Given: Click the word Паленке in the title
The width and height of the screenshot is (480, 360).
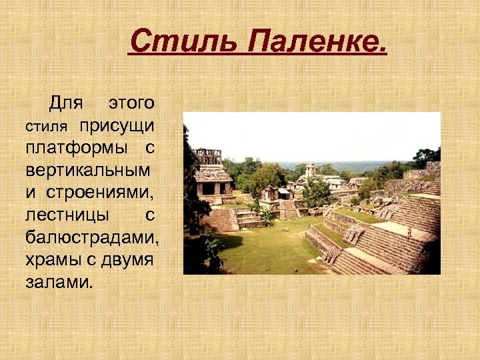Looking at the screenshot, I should coord(315,44).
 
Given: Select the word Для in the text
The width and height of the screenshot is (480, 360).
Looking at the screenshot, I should coord(65,103).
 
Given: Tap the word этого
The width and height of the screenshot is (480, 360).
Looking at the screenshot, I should coord(131,103).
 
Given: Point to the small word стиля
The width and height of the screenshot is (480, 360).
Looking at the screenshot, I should coord(47,126).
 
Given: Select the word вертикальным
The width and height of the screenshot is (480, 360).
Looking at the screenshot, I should coord(88,169).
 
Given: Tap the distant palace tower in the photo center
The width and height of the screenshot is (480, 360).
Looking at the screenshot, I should coord(310,170).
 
